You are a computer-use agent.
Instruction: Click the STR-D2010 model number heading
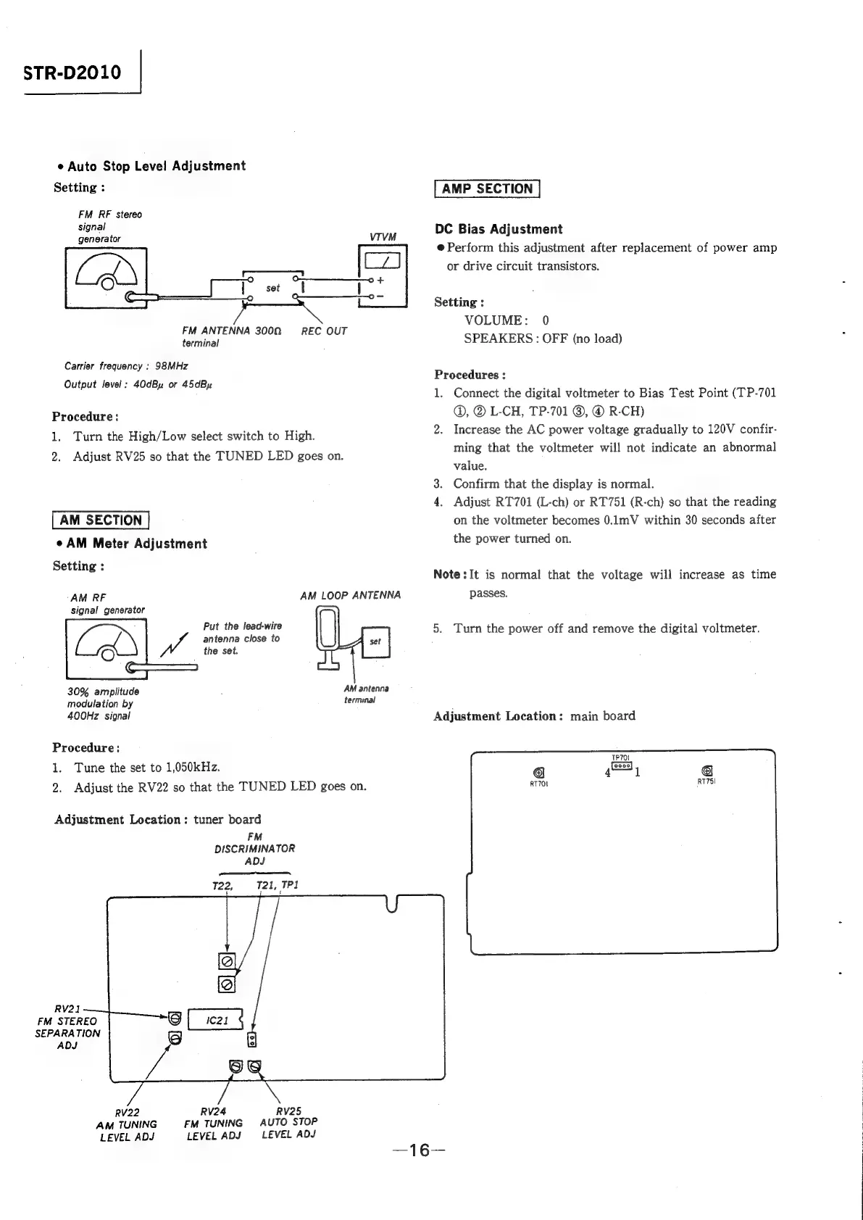[x=72, y=72]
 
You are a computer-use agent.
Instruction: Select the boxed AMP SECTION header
[x=487, y=188]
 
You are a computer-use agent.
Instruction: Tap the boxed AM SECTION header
[x=101, y=520]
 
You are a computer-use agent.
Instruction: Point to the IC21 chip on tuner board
[x=215, y=1020]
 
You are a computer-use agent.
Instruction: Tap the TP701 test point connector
[x=622, y=765]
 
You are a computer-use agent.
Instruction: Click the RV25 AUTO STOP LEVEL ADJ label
[x=288, y=1122]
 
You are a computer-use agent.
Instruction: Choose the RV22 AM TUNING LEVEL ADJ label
[x=127, y=1124]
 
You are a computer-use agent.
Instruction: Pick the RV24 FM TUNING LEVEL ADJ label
[x=214, y=1123]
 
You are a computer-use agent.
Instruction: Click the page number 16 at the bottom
[x=419, y=1150]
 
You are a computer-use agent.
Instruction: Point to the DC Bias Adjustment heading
[x=499, y=229]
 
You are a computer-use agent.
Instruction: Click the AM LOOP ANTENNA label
[x=350, y=595]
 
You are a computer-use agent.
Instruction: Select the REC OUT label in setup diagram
[x=324, y=331]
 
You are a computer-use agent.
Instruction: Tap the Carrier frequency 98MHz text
[x=126, y=366]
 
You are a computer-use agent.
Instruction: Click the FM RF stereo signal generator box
[x=106, y=277]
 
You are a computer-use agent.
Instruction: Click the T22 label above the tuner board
[x=221, y=886]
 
